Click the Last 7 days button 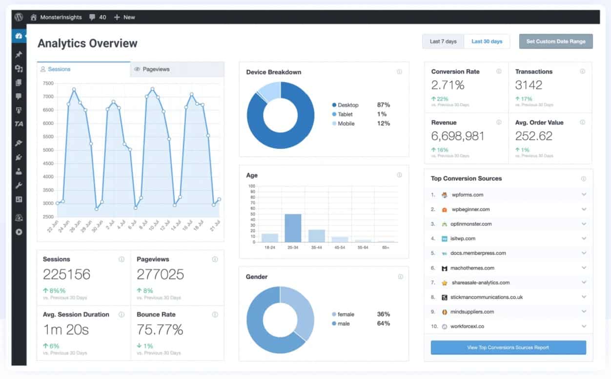tap(443, 42)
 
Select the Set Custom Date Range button tap(555, 42)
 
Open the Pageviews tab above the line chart tap(156, 69)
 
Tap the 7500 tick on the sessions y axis tap(48, 84)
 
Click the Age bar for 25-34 tap(293, 228)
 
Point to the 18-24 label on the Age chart tap(269, 248)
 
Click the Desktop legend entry tap(347, 105)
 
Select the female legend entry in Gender tap(346, 315)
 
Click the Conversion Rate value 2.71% tap(448, 85)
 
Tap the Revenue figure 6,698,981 tap(457, 136)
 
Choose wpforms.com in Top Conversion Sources tap(467, 195)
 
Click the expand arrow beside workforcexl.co tap(584, 326)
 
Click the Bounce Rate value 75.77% tap(160, 330)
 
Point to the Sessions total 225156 tap(66, 274)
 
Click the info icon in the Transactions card tap(582, 72)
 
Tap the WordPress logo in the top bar tap(19, 17)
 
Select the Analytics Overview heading tap(87, 43)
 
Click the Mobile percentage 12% tap(383, 124)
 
